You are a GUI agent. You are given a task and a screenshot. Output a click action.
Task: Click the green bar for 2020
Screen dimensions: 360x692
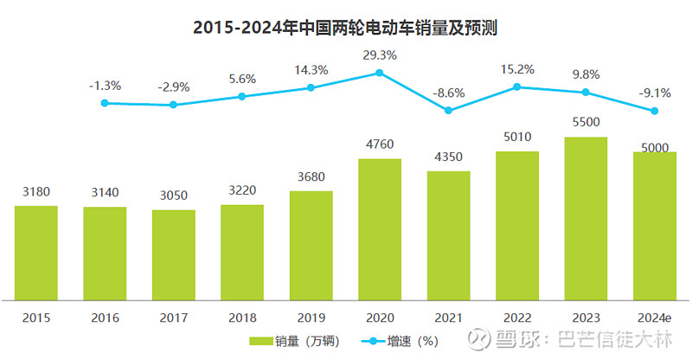coord(380,229)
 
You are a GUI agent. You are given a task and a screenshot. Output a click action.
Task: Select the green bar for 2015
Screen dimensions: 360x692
coord(36,253)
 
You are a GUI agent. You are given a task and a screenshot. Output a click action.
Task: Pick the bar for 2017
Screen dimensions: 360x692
coord(174,255)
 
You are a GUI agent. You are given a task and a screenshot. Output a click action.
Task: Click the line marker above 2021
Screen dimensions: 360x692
coord(448,110)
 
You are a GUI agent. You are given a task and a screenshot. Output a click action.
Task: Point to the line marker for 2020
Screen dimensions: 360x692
coord(380,74)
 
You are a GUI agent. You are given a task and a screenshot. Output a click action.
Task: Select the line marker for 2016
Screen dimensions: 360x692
coord(105,103)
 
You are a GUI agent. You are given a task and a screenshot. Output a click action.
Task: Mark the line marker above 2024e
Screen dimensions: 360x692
coord(655,111)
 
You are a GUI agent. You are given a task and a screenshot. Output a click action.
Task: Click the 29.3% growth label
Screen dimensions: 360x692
coord(380,54)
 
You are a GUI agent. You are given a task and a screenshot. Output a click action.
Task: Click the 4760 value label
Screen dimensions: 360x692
coord(380,145)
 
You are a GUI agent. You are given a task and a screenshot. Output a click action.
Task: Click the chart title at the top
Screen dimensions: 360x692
coord(346,27)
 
